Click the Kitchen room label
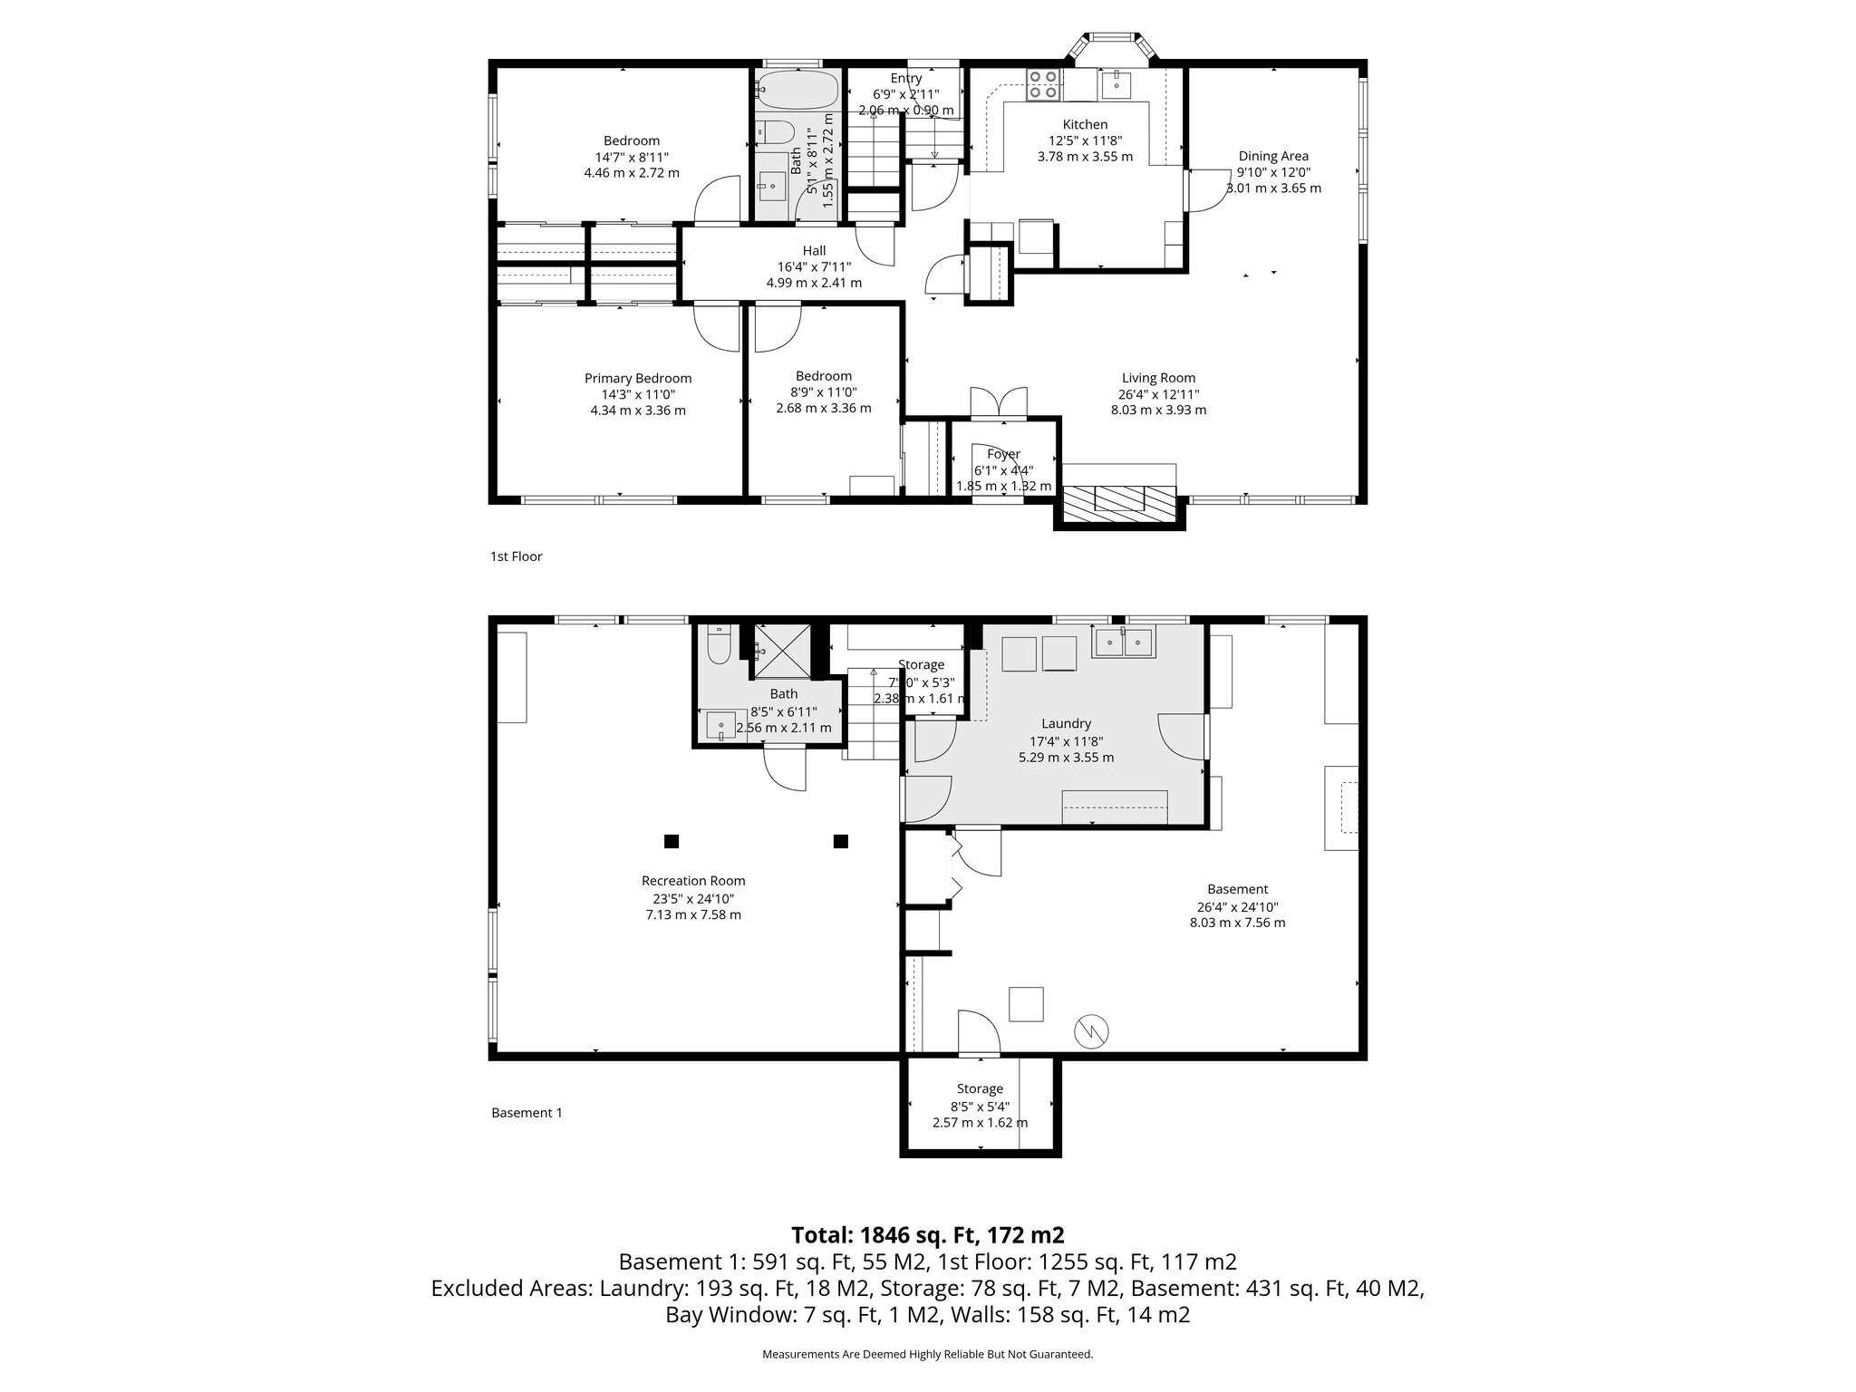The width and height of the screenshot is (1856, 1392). tap(1085, 124)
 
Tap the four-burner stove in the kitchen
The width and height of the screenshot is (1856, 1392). tap(1043, 84)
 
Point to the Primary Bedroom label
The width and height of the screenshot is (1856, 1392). tap(637, 378)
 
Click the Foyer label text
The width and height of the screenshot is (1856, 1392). tap(1003, 454)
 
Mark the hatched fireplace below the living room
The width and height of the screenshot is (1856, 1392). tap(1119, 502)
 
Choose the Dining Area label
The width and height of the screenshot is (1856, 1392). tap(1273, 156)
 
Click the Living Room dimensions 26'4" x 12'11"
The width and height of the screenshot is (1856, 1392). tap(1158, 394)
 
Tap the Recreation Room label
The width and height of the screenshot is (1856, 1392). tap(693, 880)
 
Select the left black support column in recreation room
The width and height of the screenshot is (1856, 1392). tap(671, 841)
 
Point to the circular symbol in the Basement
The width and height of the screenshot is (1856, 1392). tap(1092, 1030)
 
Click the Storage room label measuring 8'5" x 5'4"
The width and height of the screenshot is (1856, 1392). tap(980, 1088)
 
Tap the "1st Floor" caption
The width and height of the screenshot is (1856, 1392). tap(516, 556)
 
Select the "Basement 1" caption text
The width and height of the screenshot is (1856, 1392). tap(527, 1113)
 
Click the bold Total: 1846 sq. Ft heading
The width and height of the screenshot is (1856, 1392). tap(927, 1234)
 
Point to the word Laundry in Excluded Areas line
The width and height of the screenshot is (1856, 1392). tap(643, 1289)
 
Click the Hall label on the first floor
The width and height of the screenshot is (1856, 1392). tap(814, 251)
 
